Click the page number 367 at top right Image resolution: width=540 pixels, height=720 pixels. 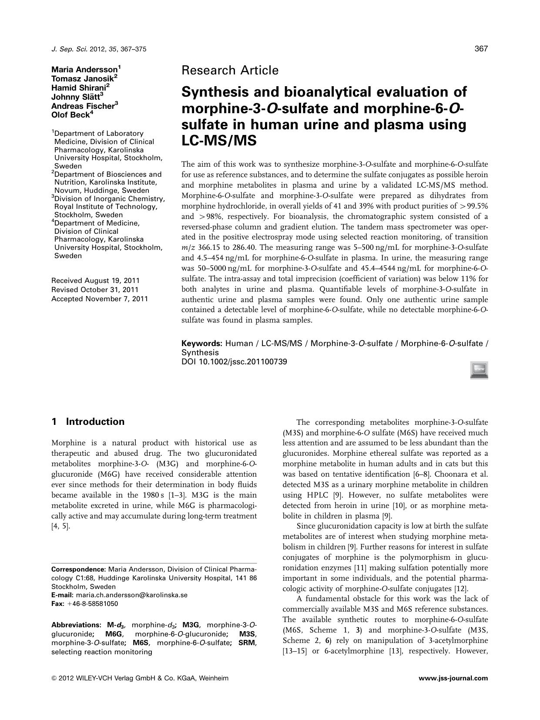click(x=481, y=49)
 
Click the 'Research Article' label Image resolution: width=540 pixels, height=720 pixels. click(x=230, y=70)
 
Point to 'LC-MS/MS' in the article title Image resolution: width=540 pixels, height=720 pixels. click(x=219, y=141)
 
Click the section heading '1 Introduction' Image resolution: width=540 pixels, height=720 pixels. click(x=88, y=421)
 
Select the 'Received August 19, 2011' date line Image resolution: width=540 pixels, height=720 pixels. click(x=95, y=280)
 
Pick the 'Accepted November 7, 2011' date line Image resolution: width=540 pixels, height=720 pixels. click(x=100, y=299)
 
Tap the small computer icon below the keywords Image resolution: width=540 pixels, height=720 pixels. click(x=479, y=370)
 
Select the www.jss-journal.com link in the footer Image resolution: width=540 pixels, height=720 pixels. click(x=453, y=678)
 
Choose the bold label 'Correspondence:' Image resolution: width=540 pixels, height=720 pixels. click(x=79, y=569)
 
